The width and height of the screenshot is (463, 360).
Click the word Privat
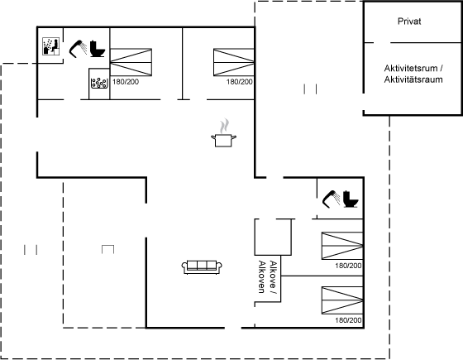[409, 22]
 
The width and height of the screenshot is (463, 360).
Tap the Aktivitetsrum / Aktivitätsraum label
[413, 74]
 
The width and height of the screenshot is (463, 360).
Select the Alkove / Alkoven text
[268, 277]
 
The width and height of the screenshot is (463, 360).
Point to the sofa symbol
[202, 267]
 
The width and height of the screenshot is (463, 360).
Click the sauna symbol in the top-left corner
[50, 46]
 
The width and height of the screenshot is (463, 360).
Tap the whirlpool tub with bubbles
[99, 83]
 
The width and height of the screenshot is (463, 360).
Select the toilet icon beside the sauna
[98, 49]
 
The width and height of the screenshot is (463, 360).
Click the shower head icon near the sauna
[78, 49]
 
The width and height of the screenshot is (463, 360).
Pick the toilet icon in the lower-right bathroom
[351, 199]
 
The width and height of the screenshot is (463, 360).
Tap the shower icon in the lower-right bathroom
[331, 199]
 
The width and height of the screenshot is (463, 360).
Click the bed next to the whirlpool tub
[131, 62]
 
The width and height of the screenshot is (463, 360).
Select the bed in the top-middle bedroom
[233, 62]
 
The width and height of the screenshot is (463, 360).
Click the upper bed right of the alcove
[342, 246]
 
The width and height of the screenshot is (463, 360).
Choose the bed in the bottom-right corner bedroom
[342, 300]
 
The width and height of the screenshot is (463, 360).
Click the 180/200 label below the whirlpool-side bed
[126, 82]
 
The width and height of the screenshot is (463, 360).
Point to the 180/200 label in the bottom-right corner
[348, 320]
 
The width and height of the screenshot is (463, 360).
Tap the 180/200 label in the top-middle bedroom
[240, 82]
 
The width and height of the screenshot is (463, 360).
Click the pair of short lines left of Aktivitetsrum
[310, 89]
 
